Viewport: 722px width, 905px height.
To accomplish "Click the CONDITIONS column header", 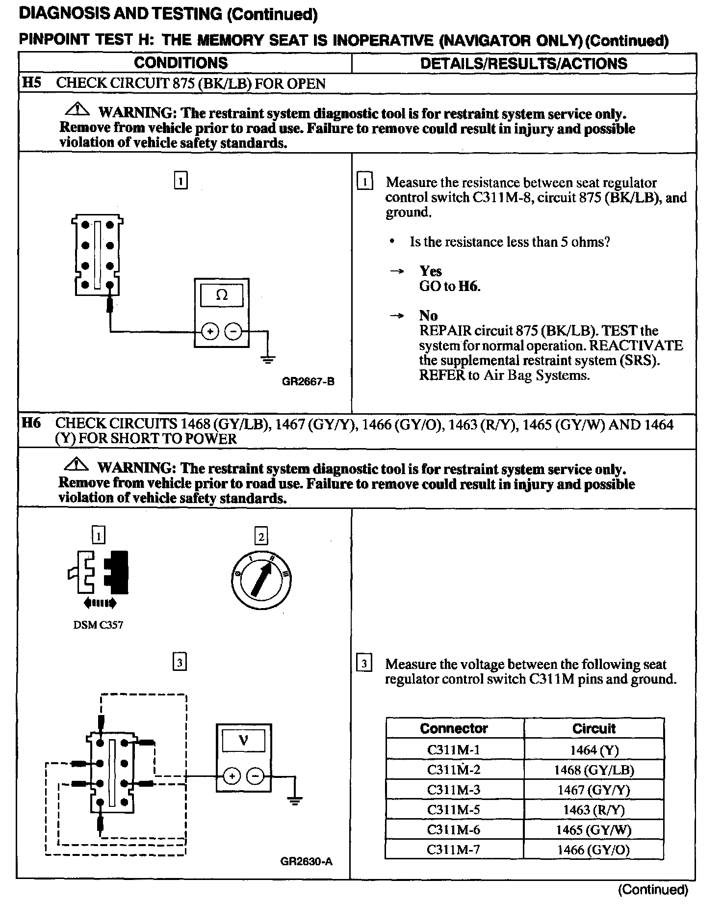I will [180, 63].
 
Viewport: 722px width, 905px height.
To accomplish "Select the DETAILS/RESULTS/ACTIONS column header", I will [523, 63].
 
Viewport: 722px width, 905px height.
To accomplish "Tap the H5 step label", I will [31, 82].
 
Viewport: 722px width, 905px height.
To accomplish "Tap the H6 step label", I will [31, 423].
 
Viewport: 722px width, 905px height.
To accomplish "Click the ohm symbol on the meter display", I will [222, 295].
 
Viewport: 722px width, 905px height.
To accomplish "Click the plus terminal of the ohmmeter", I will [210, 332].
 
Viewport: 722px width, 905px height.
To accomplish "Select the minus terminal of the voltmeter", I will [255, 776].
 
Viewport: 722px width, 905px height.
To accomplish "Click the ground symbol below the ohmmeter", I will [268, 359].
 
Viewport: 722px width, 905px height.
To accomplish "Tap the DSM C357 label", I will [98, 625].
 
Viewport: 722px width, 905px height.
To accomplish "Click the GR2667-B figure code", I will [308, 381].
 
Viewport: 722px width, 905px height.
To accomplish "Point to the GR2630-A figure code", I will [307, 861].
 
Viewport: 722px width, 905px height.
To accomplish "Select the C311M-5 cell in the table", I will [454, 809].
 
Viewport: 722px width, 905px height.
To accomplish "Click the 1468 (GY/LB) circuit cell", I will [594, 770].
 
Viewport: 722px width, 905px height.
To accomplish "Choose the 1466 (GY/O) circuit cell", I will [593, 850].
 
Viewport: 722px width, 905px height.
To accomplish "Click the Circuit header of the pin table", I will [593, 728].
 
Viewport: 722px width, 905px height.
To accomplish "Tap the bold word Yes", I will [430, 271].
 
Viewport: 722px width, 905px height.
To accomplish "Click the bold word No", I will [428, 316].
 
